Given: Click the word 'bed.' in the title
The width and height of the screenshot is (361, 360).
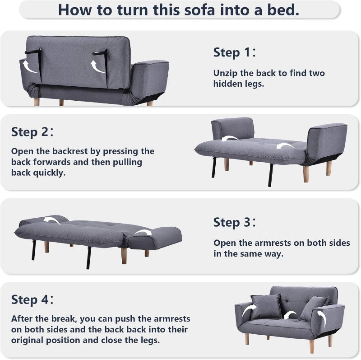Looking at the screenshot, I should pyautogui.click(x=281, y=9).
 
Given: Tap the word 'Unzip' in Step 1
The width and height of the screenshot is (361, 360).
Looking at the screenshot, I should pyautogui.click(x=226, y=73).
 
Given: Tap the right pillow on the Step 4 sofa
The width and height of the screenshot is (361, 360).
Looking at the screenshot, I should pyautogui.click(x=312, y=308).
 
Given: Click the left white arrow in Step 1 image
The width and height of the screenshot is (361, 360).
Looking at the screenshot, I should pyautogui.click(x=31, y=67).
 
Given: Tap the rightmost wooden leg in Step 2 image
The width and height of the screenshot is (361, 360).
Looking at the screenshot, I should pyautogui.click(x=329, y=168).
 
